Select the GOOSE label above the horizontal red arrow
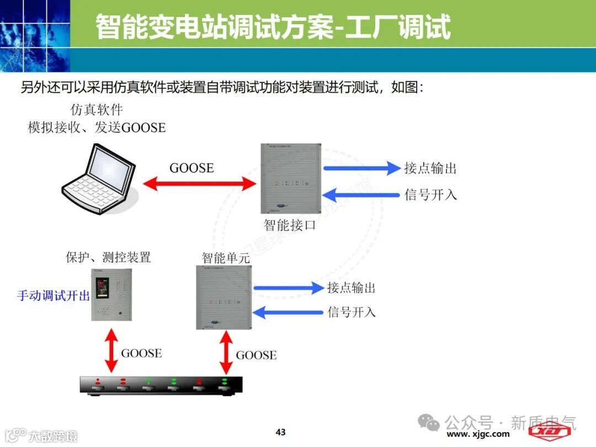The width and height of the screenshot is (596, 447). click(191, 168)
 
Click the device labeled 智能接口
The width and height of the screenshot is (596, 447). click(291, 179)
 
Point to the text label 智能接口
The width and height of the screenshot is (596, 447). click(290, 225)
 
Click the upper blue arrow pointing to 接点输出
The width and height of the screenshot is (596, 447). click(361, 168)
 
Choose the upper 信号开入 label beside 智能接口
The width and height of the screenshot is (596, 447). click(430, 195)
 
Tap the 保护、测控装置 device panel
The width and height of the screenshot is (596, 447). click(112, 294)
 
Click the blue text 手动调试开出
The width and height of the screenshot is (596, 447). click(54, 295)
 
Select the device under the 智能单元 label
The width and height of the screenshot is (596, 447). click(223, 297)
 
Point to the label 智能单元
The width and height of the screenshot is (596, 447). click(226, 258)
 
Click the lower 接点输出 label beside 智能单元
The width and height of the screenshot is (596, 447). click(352, 288)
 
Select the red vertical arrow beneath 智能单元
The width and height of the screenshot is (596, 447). click(225, 352)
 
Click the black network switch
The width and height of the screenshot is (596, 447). click(161, 385)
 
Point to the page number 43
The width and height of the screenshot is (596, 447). click(281, 432)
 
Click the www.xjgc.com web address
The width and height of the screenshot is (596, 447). click(478, 434)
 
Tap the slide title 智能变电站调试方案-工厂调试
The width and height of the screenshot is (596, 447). click(273, 26)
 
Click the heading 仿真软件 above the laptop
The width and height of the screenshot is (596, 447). click(97, 110)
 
